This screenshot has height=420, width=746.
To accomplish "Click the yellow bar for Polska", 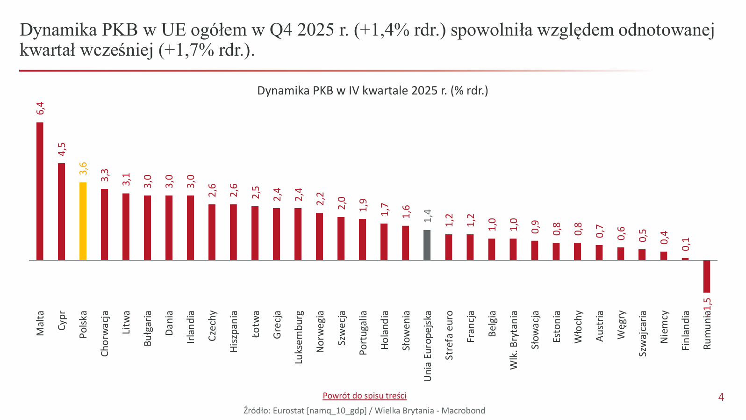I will (x=83, y=221).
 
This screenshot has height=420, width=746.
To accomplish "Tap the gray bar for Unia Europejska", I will (x=427, y=245).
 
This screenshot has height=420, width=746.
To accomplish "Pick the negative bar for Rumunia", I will (x=707, y=276).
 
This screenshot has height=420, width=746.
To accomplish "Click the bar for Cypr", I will (x=61, y=211).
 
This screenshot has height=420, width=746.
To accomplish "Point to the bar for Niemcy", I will (x=664, y=255).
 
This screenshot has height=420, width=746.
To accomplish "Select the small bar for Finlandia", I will (x=685, y=259).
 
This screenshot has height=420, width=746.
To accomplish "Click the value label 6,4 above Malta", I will (x=41, y=108).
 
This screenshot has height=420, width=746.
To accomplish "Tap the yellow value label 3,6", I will (x=83, y=168).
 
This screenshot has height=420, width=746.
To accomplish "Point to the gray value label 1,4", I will (x=427, y=216).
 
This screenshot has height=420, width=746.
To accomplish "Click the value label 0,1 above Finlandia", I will (x=686, y=244).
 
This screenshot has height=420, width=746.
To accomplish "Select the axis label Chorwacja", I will (x=105, y=333).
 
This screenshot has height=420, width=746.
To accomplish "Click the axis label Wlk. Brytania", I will (x=514, y=340).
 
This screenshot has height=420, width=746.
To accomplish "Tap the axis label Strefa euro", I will (x=449, y=335).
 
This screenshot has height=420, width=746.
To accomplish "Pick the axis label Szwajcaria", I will (x=643, y=333).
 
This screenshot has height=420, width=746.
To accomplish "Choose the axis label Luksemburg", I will (x=299, y=337).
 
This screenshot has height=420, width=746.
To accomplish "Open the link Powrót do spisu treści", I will (x=365, y=396).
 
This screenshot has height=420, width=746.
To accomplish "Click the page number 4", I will (x=721, y=397).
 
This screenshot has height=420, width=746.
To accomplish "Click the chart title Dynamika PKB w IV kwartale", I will (x=373, y=91).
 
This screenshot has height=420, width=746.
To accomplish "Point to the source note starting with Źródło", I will (x=364, y=411).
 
